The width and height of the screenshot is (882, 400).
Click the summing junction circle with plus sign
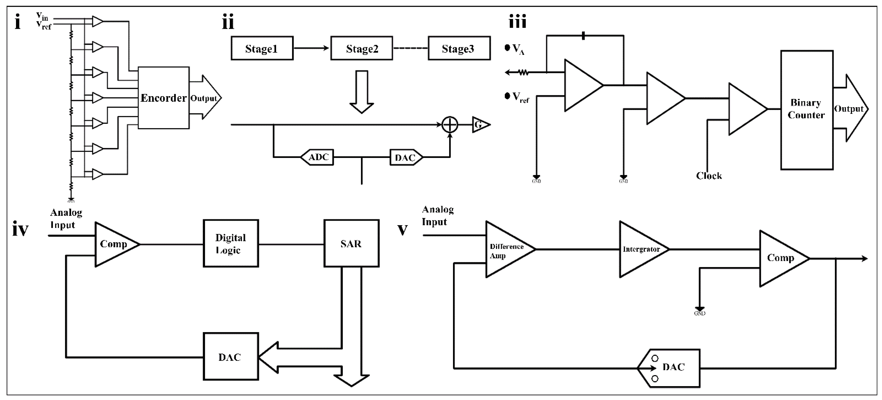[x=450, y=125]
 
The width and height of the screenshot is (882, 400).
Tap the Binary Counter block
[x=806, y=109]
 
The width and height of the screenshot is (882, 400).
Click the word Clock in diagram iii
[x=709, y=176]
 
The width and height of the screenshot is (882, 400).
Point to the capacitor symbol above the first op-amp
[x=583, y=36]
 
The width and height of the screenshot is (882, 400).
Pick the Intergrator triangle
[x=640, y=249]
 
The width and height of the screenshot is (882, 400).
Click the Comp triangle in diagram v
[x=781, y=258]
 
